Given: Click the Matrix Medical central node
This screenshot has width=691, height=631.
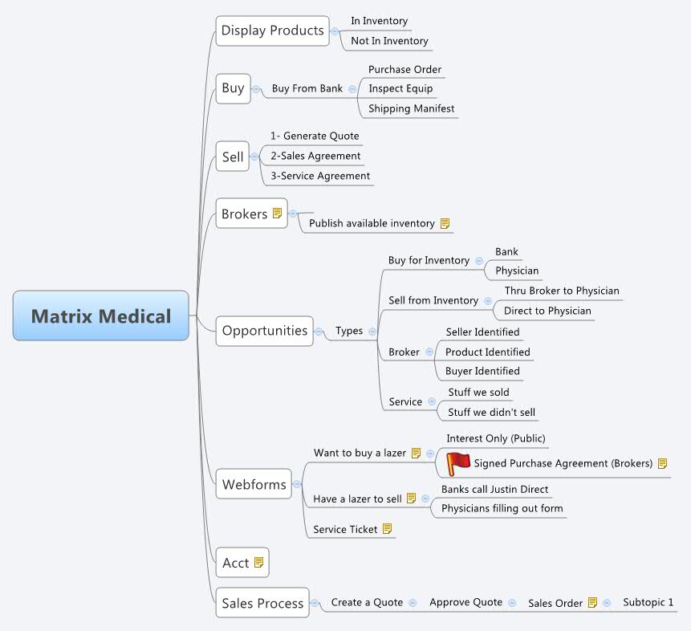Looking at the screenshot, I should tap(101, 315).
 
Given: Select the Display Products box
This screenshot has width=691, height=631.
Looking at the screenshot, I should tap(272, 31).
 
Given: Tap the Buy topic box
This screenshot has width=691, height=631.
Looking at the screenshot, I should tap(233, 88).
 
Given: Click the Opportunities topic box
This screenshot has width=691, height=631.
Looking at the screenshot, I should tap(264, 331).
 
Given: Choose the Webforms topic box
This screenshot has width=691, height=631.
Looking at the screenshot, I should tap(254, 484).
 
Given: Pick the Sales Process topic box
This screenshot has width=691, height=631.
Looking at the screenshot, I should tap(262, 604).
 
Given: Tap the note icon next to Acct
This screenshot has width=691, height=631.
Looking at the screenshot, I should tap(258, 563).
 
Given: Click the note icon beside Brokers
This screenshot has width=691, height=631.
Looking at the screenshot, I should tap(277, 214).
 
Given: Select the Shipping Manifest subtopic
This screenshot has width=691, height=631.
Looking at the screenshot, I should tap(411, 108).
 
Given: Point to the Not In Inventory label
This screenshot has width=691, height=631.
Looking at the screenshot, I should tap(389, 41).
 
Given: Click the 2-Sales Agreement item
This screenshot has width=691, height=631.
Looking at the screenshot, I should tap(315, 156).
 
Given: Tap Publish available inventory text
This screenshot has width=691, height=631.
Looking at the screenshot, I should tap(372, 223).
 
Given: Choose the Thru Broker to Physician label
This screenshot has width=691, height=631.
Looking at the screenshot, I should tap(562, 291).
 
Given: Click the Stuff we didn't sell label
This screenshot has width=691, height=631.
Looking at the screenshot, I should tap(491, 413).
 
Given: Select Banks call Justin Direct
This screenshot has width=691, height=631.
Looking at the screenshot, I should tap(494, 489).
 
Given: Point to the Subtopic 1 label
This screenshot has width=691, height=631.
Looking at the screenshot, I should tap(648, 602).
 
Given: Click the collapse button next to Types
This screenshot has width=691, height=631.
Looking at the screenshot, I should tap(372, 331).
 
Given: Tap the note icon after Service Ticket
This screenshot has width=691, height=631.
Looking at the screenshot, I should tap(387, 529).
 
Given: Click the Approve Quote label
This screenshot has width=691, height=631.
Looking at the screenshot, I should tap(465, 602).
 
